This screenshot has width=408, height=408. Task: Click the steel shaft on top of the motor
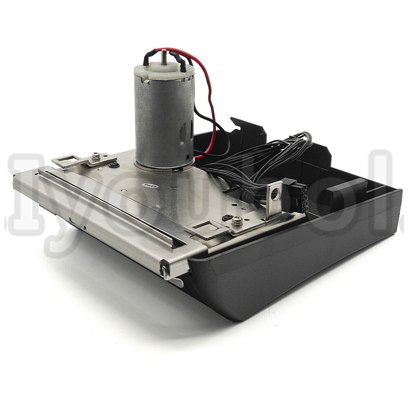click(x=164, y=55)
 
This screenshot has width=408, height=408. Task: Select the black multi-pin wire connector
click(x=300, y=197)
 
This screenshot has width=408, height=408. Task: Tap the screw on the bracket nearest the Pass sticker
click(x=96, y=155)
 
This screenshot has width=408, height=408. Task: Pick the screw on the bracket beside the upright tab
click(x=237, y=221)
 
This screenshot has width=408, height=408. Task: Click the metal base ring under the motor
click(x=163, y=165)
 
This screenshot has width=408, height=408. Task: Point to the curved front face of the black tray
click(x=286, y=277)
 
